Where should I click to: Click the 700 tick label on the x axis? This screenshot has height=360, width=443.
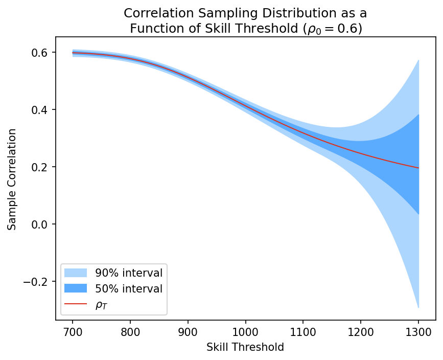click(x=73, y=331)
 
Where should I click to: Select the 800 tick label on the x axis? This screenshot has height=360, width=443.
click(x=130, y=331)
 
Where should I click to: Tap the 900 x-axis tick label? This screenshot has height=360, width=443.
click(x=188, y=331)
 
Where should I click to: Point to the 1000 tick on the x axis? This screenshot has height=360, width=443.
click(x=246, y=331)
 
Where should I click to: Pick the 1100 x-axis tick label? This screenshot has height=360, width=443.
click(x=304, y=331)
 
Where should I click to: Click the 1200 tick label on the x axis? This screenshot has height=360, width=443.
click(x=361, y=331)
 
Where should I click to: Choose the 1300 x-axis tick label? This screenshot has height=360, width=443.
click(x=419, y=331)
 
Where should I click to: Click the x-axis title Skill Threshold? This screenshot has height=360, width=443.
click(x=245, y=347)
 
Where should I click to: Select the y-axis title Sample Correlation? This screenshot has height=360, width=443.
click(x=12, y=179)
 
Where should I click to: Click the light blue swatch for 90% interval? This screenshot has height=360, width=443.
click(x=76, y=272)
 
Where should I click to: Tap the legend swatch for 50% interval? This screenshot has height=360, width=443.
click(x=76, y=288)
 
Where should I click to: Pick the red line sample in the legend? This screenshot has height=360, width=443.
click(x=76, y=305)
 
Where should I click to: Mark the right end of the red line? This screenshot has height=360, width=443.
click(x=419, y=168)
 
